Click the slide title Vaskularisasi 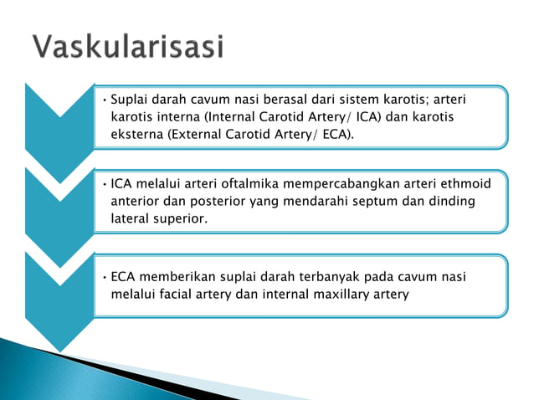coord(129,47)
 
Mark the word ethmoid coord(463,184)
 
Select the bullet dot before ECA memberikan coord(102,278)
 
